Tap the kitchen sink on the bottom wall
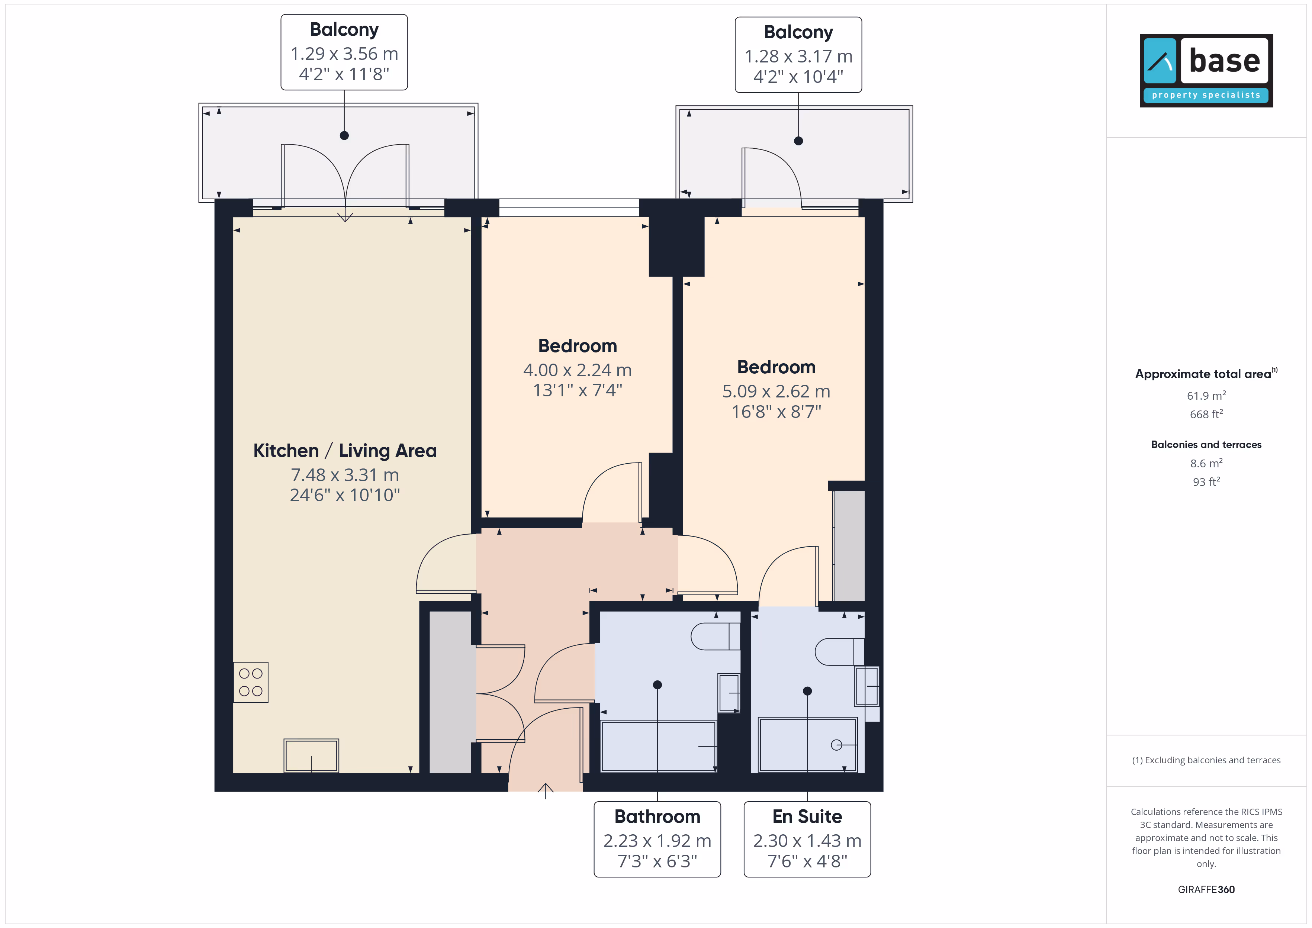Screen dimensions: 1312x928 click(311, 755)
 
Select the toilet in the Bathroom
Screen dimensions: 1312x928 click(716, 636)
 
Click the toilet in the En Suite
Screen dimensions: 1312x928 click(839, 651)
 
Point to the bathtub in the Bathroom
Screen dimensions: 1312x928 click(658, 746)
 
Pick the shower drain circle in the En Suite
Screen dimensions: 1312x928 click(837, 745)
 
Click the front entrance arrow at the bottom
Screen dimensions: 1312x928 click(546, 791)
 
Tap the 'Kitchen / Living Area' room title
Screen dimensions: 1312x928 click(345, 451)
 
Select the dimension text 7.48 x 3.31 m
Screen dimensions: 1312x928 click(345, 475)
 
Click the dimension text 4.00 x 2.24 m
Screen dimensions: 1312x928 click(578, 370)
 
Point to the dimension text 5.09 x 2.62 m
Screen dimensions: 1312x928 click(776, 391)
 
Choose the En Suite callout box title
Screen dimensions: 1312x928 click(807, 816)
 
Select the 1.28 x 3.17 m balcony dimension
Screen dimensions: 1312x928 click(799, 57)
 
